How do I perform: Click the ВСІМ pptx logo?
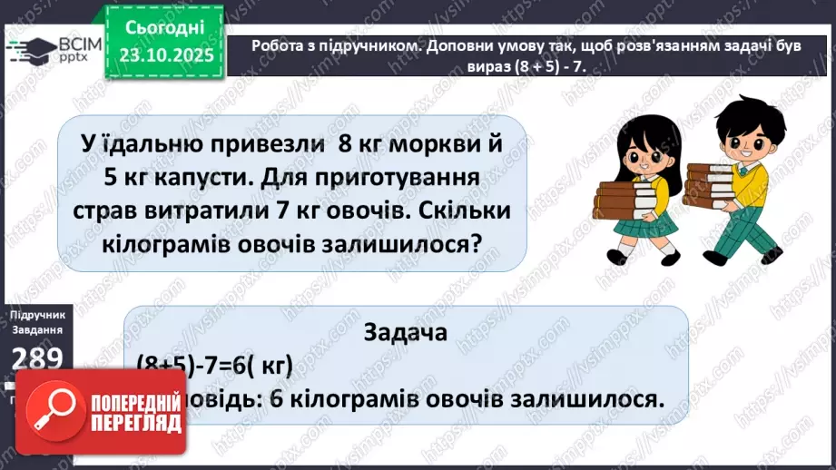50,48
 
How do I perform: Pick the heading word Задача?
405,332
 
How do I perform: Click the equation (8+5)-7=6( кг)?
214,365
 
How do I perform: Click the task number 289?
36,357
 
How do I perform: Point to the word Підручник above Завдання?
36,313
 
